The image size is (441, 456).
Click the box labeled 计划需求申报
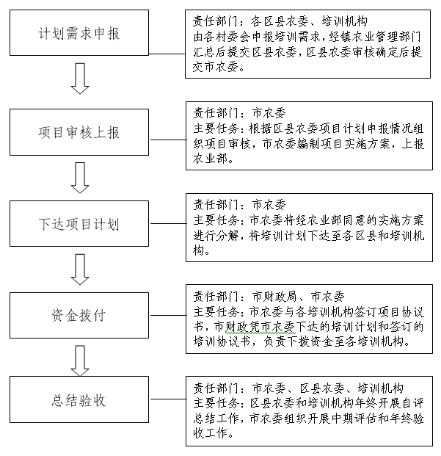80,34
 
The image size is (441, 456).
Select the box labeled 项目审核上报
80,133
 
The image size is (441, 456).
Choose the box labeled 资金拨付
80,316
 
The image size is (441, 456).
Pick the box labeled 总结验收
80,400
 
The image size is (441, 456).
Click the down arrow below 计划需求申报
80,79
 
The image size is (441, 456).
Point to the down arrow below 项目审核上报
80,178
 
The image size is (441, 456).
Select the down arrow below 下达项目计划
80,269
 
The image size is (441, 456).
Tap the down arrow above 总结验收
80,359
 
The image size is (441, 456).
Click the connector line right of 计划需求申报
168,53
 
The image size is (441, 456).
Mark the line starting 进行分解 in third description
309,235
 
